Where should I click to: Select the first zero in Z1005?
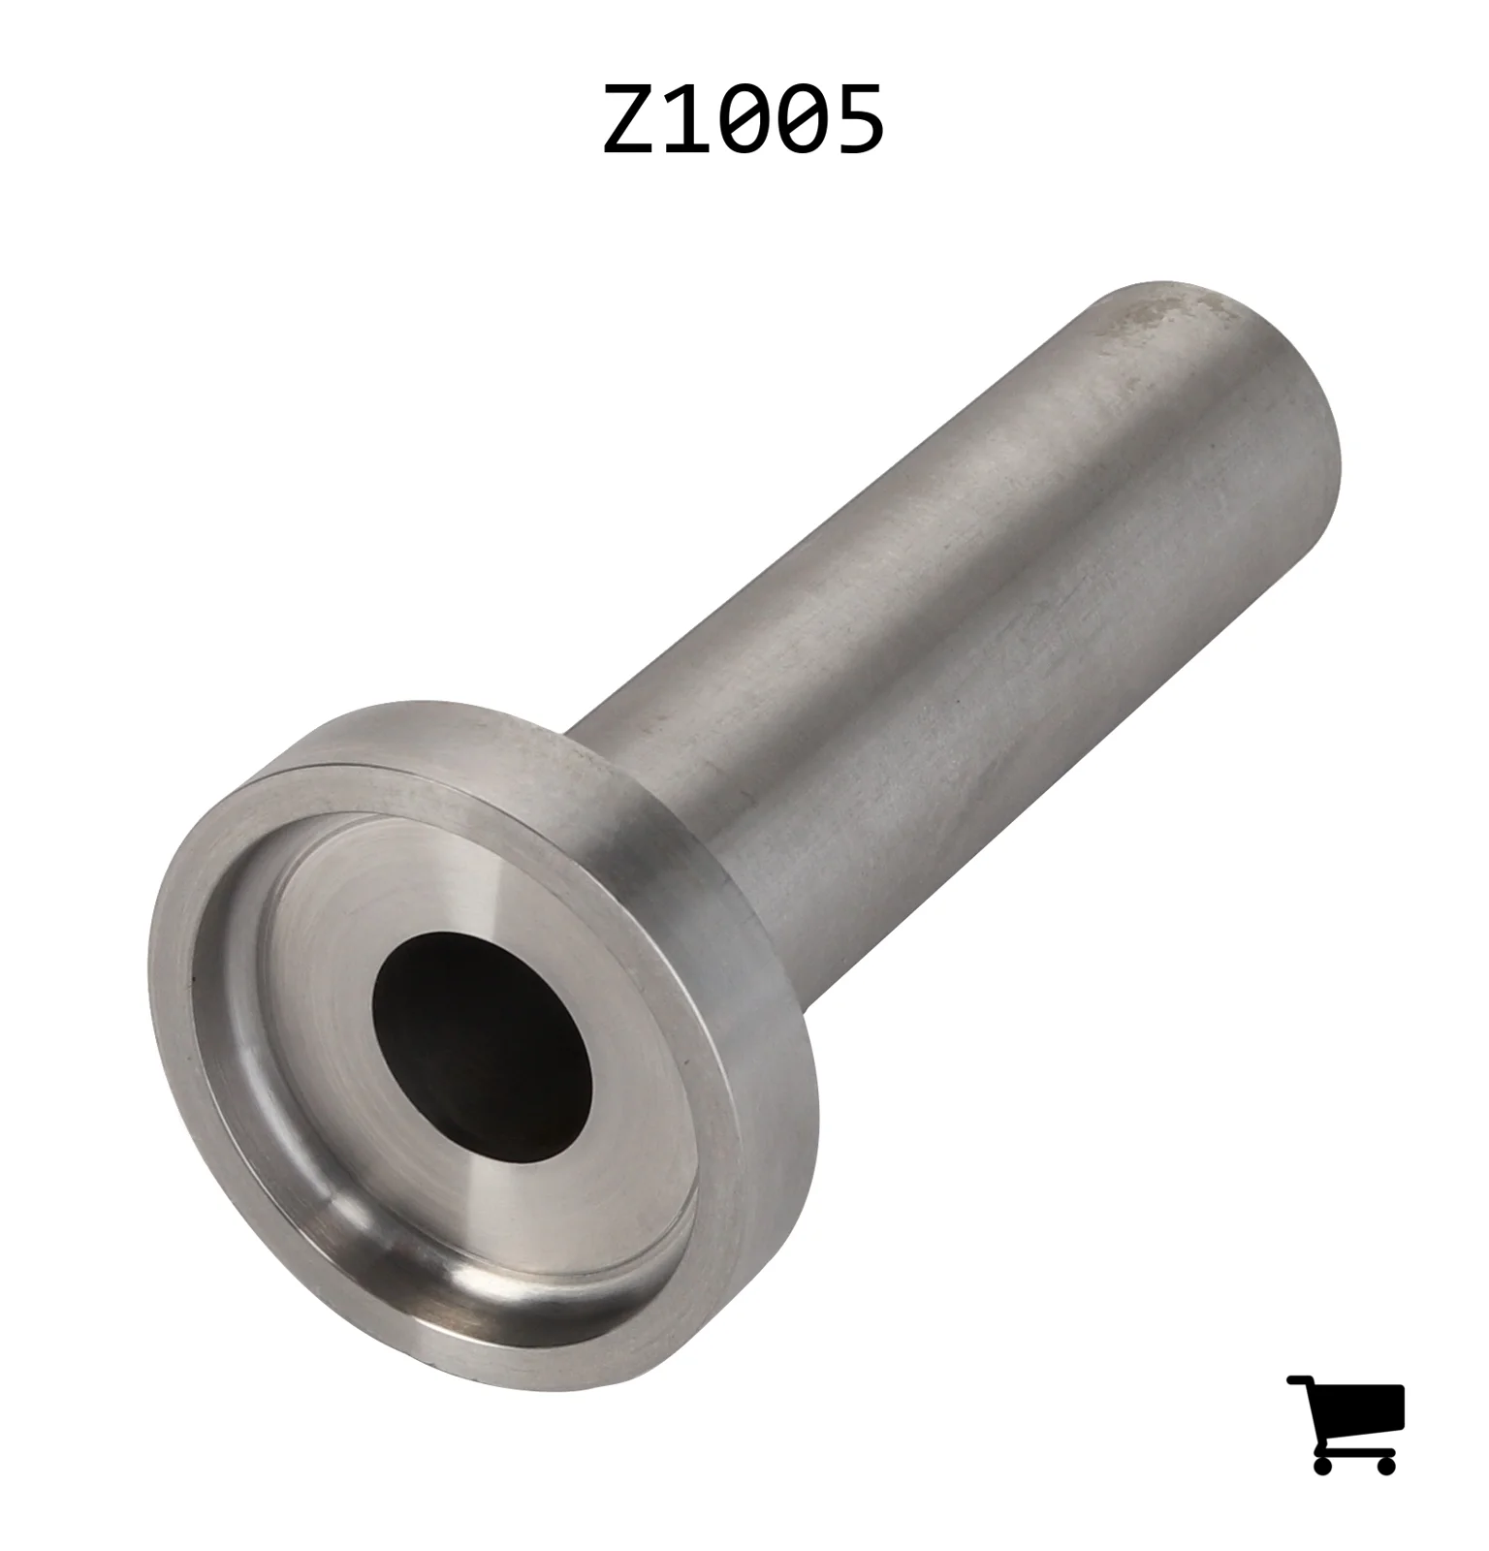pos(744,118)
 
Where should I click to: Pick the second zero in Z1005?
pos(802,118)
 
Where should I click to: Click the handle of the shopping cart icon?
pos(1300,1380)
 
